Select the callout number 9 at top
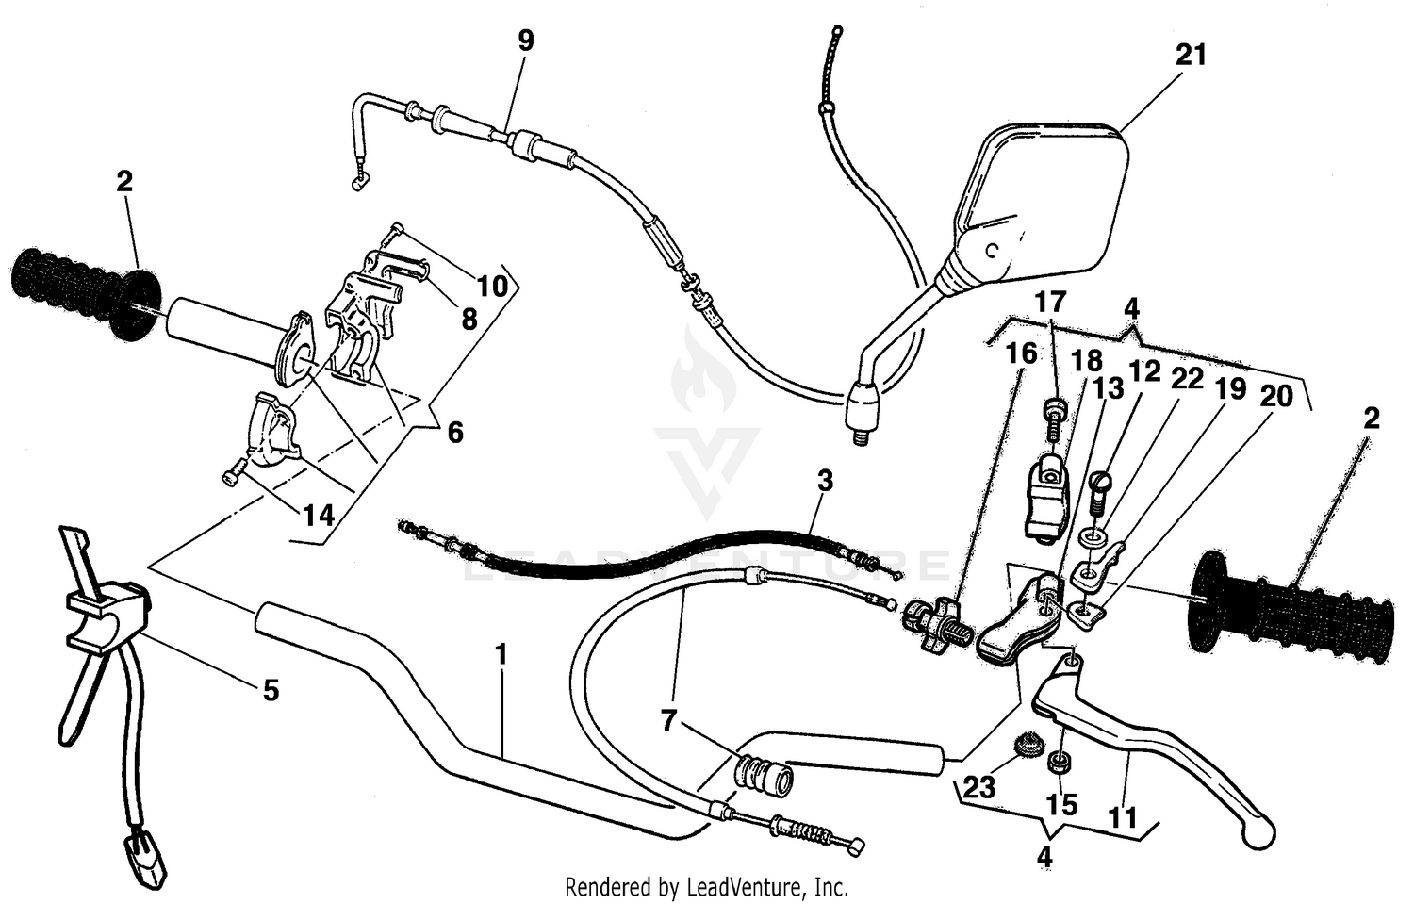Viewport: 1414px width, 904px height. [526, 41]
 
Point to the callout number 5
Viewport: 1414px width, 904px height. [271, 691]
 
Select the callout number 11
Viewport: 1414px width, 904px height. [1123, 817]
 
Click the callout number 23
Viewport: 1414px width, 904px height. [979, 787]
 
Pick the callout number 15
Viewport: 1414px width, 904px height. [1061, 804]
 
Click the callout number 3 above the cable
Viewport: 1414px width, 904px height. [825, 482]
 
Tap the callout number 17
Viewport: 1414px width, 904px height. [1050, 303]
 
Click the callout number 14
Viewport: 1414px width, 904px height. [318, 515]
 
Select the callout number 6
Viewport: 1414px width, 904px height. [455, 433]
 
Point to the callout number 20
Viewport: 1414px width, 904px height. [1276, 397]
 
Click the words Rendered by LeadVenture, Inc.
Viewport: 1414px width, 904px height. [706, 887]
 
